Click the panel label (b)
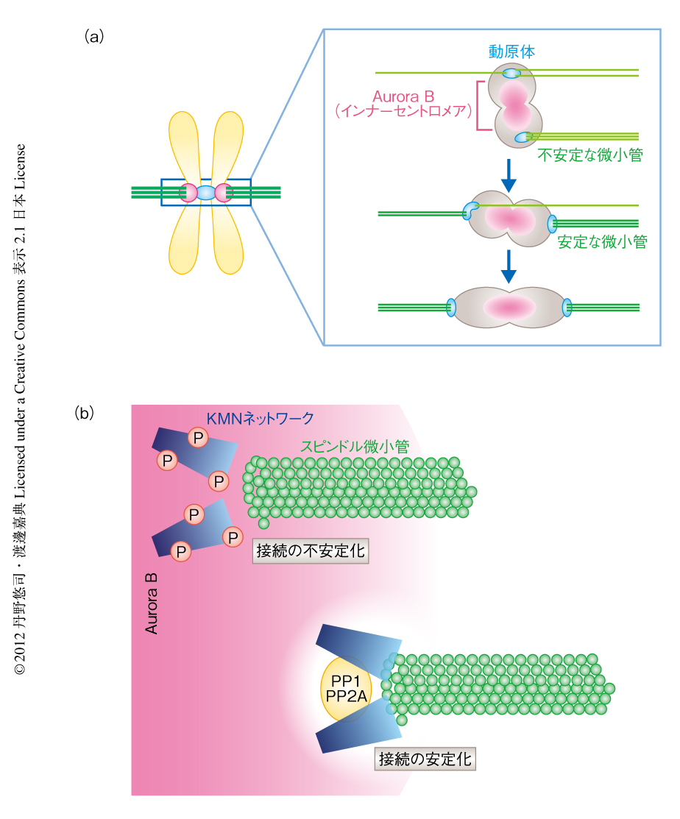[85, 413]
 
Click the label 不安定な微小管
[592, 155]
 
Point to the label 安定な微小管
[602, 241]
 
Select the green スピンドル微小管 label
[355, 446]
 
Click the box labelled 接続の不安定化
[310, 550]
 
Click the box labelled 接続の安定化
[425, 758]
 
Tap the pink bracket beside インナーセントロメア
[481, 106]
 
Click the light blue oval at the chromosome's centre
[206, 193]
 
